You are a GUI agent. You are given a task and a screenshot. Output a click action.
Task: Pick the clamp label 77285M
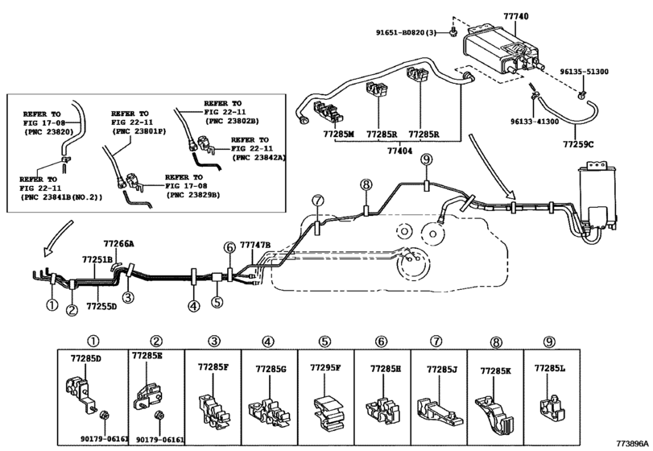[337, 134]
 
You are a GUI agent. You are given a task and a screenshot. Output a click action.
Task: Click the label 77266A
[119, 242]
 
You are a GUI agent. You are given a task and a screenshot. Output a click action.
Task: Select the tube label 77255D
[101, 306]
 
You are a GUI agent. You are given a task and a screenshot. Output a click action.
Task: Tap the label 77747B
[255, 244]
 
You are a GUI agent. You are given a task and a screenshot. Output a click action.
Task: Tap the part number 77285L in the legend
[550, 367]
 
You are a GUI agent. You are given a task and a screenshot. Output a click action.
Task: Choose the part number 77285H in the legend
[385, 368]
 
